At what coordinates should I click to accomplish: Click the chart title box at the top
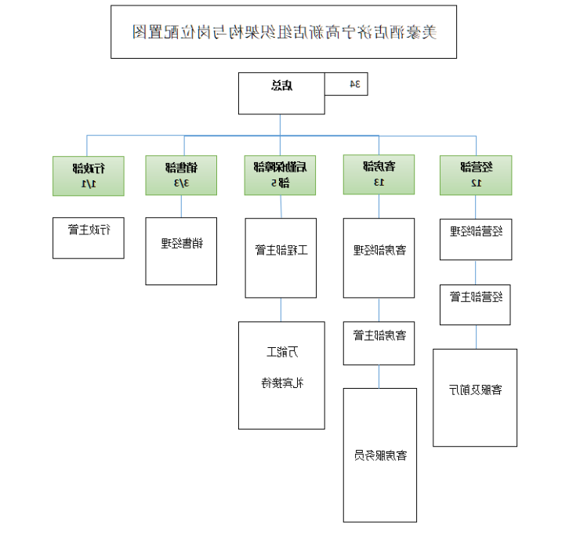(x=283, y=32)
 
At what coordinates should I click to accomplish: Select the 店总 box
(x=281, y=93)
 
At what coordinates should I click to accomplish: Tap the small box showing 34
(x=346, y=84)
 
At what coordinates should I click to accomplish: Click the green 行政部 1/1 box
(x=88, y=176)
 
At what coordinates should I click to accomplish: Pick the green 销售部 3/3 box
(x=181, y=176)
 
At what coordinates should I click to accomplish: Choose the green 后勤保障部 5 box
(x=280, y=176)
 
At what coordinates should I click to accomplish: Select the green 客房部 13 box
(x=379, y=176)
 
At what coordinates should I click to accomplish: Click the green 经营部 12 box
(x=476, y=176)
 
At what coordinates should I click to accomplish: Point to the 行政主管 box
(x=88, y=237)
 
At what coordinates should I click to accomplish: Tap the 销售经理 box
(x=181, y=251)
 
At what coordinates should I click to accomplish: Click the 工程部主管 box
(x=280, y=258)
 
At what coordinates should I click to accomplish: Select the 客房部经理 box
(x=379, y=258)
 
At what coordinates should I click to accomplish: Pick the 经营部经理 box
(x=476, y=239)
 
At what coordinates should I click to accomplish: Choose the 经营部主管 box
(x=476, y=304)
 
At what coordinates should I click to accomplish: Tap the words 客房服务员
(x=380, y=455)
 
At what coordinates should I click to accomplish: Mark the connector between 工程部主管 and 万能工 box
(x=280, y=310)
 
